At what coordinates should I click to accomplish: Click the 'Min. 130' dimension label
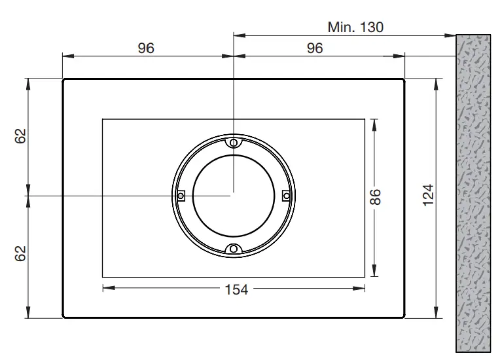[355, 27]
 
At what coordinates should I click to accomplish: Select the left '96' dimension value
[147, 49]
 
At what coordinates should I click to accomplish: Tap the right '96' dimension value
[315, 49]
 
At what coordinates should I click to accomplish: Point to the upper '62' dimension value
[21, 136]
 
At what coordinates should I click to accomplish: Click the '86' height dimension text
[375, 197]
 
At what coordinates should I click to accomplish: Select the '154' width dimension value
[236, 288]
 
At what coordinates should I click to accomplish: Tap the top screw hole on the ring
[233, 142]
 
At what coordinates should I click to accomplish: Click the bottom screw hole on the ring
[233, 248]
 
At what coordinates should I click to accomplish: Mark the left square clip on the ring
[181, 195]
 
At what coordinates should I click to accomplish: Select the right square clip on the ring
[285, 195]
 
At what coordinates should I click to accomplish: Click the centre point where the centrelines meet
[233, 195]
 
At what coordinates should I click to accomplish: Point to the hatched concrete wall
[473, 196]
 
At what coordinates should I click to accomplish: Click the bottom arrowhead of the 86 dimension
[374, 274]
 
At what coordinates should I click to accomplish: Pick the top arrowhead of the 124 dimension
[437, 82]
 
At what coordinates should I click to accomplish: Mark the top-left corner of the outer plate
[63, 79]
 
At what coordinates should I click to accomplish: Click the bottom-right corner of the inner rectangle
[365, 277]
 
